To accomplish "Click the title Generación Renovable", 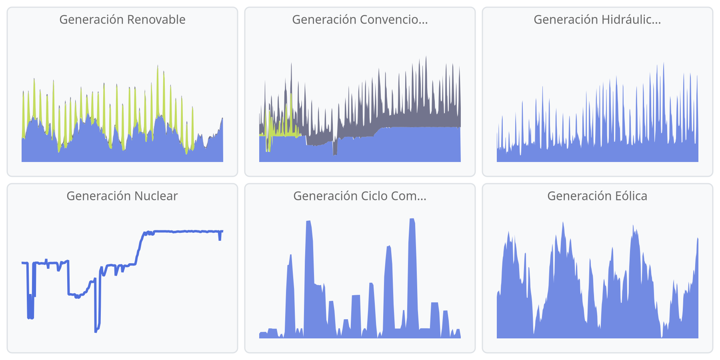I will click(x=122, y=20).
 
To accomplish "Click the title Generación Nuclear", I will click(x=122, y=196).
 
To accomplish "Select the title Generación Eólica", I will click(x=597, y=196).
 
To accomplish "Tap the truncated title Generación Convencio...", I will click(x=360, y=20).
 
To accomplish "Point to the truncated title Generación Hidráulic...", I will click(x=597, y=20).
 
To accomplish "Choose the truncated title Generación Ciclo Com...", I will click(x=360, y=196).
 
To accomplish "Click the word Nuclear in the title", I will click(x=156, y=196).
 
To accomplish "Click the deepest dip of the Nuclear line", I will click(x=96, y=331).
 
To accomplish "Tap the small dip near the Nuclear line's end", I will click(x=220, y=239).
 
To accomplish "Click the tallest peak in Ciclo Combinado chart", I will click(x=412, y=220).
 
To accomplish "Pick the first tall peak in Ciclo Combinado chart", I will click(x=290, y=256).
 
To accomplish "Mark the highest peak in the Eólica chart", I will click(x=563, y=224).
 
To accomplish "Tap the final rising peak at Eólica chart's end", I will click(x=697, y=239).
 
